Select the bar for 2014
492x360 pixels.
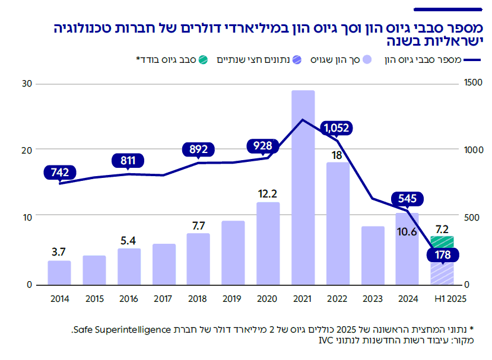tap(59, 273)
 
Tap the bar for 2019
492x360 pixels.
tap(233, 253)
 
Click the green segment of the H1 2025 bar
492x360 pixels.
tap(442, 241)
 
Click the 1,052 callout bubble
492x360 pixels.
tap(337, 127)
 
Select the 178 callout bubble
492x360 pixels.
tap(442, 255)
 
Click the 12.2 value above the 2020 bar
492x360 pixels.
tap(268, 193)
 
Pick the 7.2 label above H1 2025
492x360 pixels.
tap(442, 228)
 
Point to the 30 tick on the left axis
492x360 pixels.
tap(26, 84)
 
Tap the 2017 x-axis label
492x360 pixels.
tap(164, 298)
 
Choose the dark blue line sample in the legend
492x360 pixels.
tap(472, 60)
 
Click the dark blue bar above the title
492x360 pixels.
tap(447, 9)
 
